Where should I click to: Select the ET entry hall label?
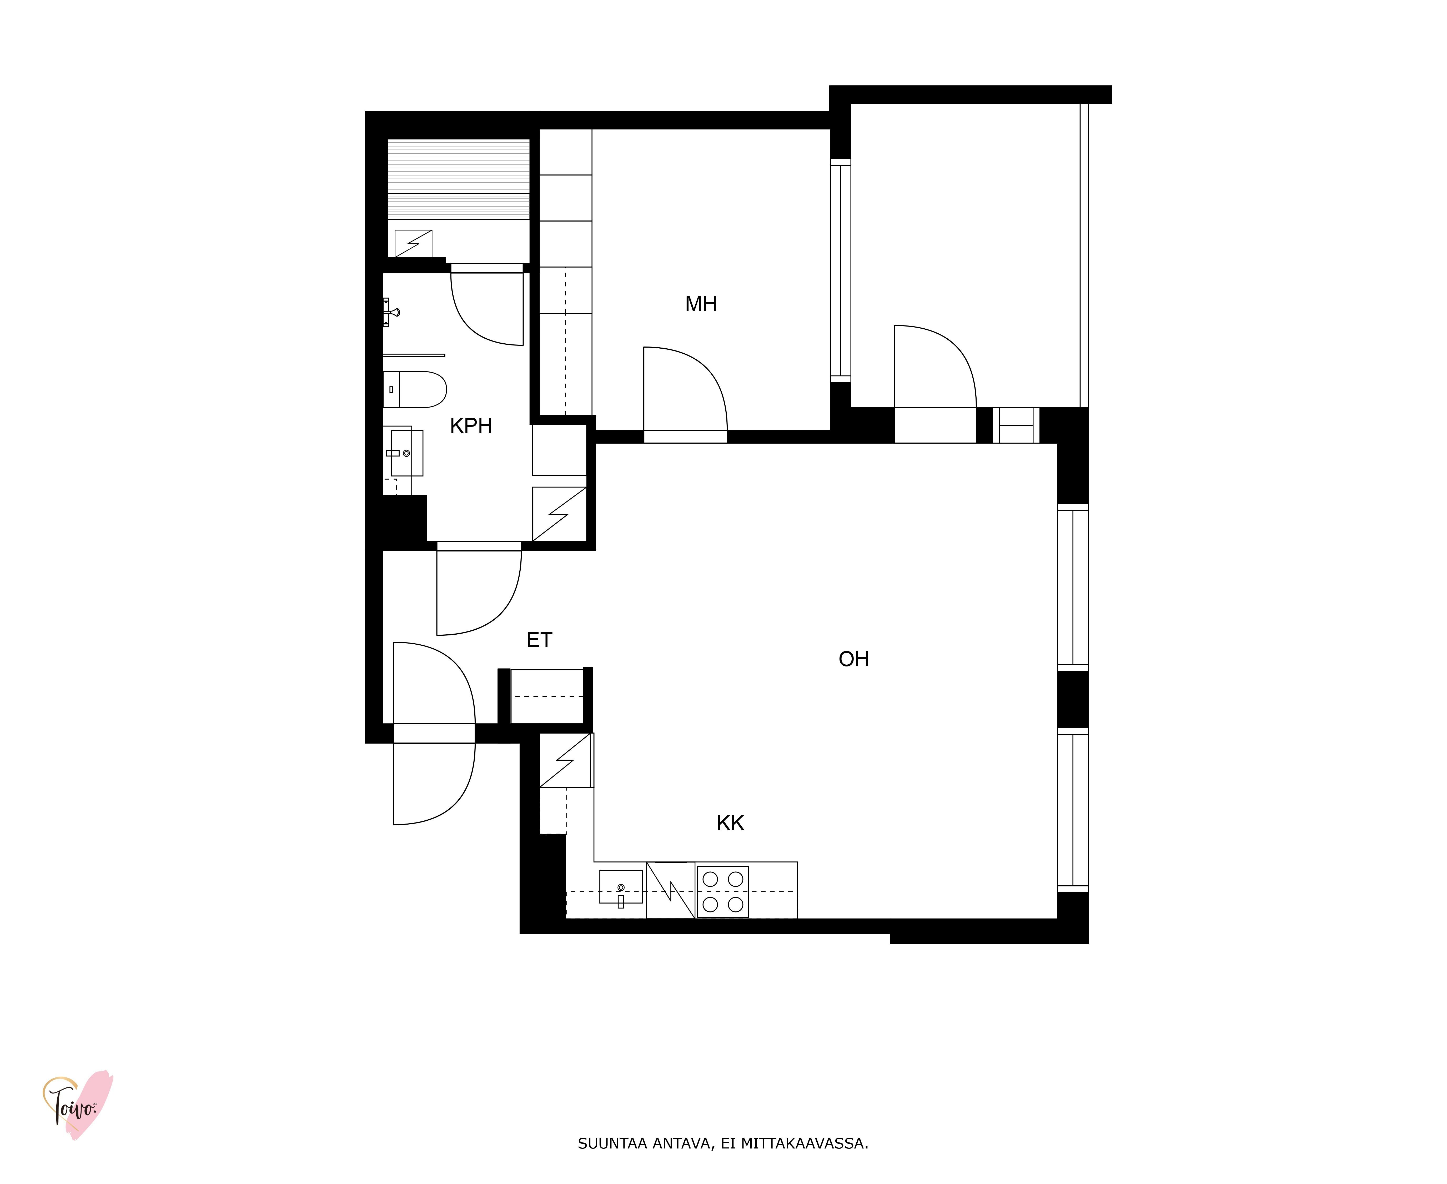[539, 640]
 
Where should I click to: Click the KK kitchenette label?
[730, 823]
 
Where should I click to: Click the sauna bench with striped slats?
[458, 179]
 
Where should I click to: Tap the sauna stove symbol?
[413, 243]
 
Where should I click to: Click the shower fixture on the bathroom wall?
[391, 312]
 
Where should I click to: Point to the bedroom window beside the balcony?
[841, 271]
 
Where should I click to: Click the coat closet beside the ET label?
[547, 696]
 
